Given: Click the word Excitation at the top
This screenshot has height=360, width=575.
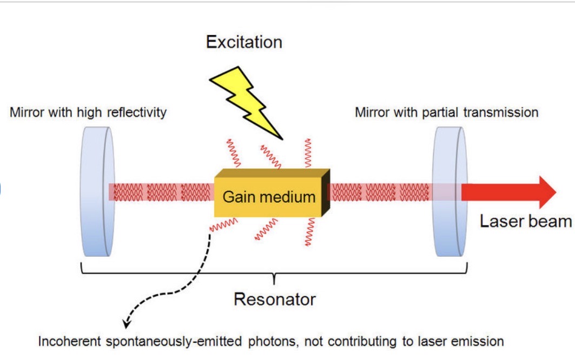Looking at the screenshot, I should tap(244, 42).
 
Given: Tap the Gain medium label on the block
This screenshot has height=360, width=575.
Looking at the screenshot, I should tap(269, 197).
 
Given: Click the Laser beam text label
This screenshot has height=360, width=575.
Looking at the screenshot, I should tap(525, 221).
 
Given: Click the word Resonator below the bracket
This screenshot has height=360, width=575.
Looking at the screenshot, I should tap(274, 299).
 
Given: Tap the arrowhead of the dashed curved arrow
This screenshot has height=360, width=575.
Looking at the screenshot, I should tap(125, 324).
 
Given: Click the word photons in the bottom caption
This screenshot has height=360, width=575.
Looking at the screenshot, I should tap(277, 342).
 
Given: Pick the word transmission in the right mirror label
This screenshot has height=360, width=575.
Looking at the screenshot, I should tap(504, 112).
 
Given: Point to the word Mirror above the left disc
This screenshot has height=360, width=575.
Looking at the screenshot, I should tap(24, 112).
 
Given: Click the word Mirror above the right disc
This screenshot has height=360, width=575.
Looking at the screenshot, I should tap(369, 112).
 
